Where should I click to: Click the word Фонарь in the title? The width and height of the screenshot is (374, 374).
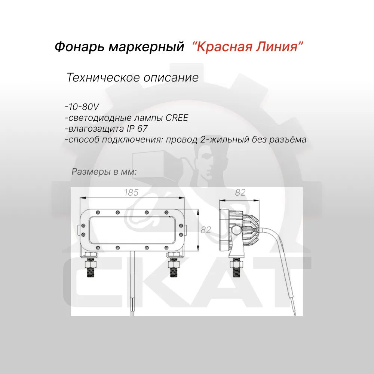pyautogui.click(x=79, y=46)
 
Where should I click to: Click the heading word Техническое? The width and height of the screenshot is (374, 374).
pyautogui.click(x=103, y=77)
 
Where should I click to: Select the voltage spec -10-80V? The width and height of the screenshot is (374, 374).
pyautogui.click(x=82, y=107)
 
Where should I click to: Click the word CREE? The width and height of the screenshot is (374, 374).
pyautogui.click(x=177, y=117)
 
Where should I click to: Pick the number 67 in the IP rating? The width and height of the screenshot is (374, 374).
pyautogui.click(x=142, y=129)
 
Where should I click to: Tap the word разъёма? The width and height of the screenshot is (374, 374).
pyautogui.click(x=288, y=139)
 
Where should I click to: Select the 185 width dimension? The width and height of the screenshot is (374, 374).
pyautogui.click(x=131, y=193)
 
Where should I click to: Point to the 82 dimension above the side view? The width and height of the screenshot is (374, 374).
pyautogui.click(x=240, y=193)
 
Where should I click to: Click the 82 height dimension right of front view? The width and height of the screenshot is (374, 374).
pyautogui.click(x=206, y=230)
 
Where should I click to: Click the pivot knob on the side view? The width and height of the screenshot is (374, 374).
pyautogui.click(x=236, y=230)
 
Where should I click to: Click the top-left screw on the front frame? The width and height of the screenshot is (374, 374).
pyautogui.click(x=98, y=212)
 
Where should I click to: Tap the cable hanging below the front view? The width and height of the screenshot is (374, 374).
pyautogui.click(x=132, y=284)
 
